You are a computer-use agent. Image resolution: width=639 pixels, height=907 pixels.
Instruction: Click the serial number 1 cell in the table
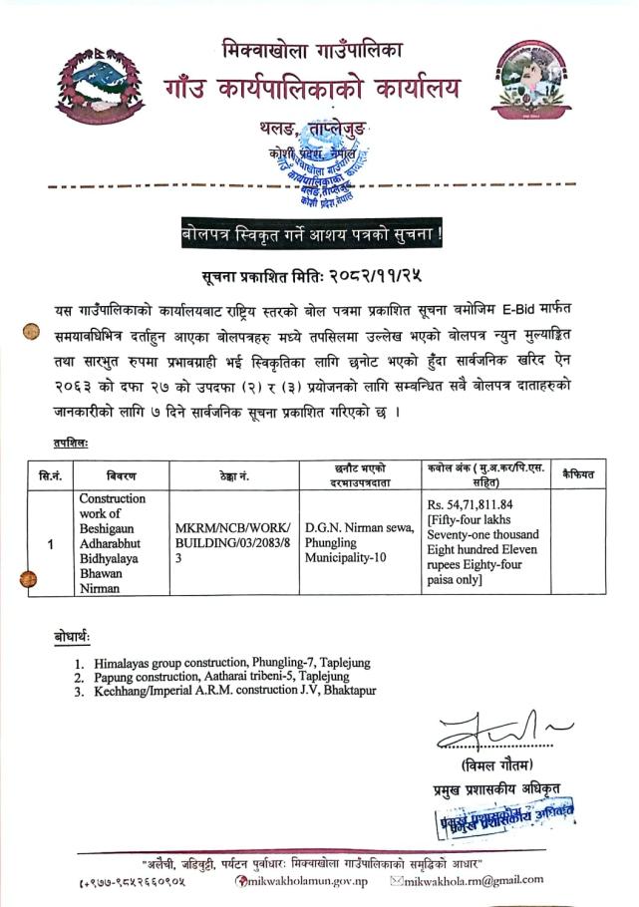[x=50, y=543]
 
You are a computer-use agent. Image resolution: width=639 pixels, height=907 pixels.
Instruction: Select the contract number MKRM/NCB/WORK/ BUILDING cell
[x=234, y=543]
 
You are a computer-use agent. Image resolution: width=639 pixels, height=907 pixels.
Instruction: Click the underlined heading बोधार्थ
[x=72, y=636]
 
